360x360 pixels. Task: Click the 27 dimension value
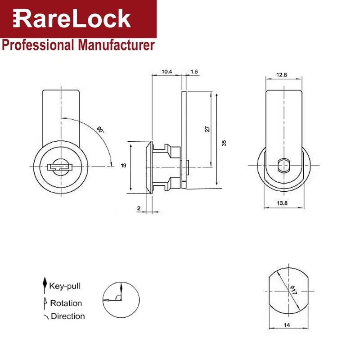pyautogui.click(x=207, y=129)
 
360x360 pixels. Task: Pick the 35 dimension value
pyautogui.click(x=224, y=143)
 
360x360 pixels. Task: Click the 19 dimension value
pyautogui.click(x=123, y=166)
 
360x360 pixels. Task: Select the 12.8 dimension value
pyautogui.click(x=282, y=75)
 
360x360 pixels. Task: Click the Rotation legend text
pyautogui.click(x=66, y=303)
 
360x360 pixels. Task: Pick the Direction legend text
pyautogui.click(x=67, y=316)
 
